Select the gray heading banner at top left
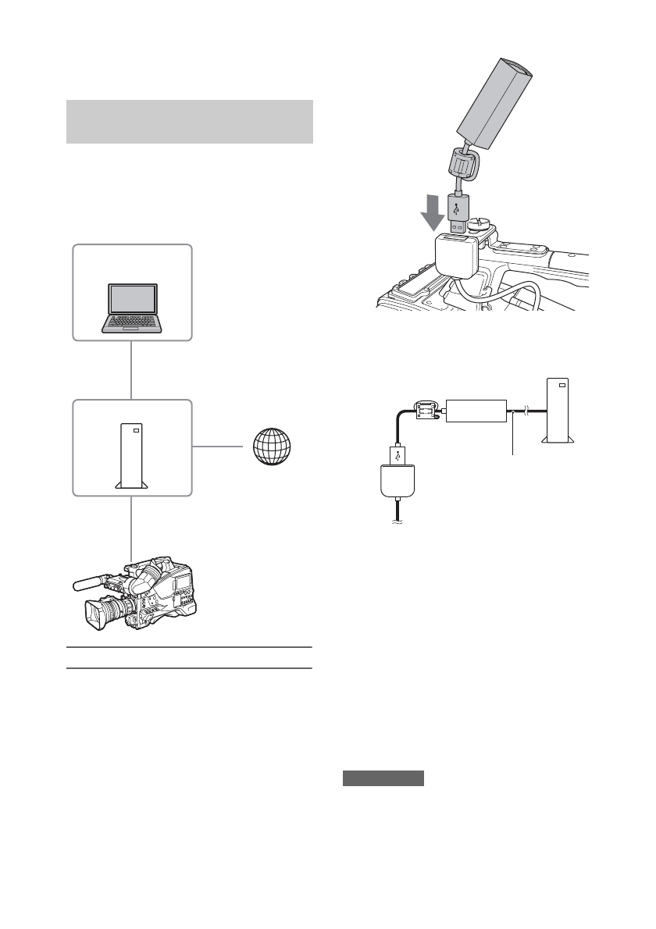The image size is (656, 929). pos(190,122)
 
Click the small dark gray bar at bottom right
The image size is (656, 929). pos(383,778)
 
